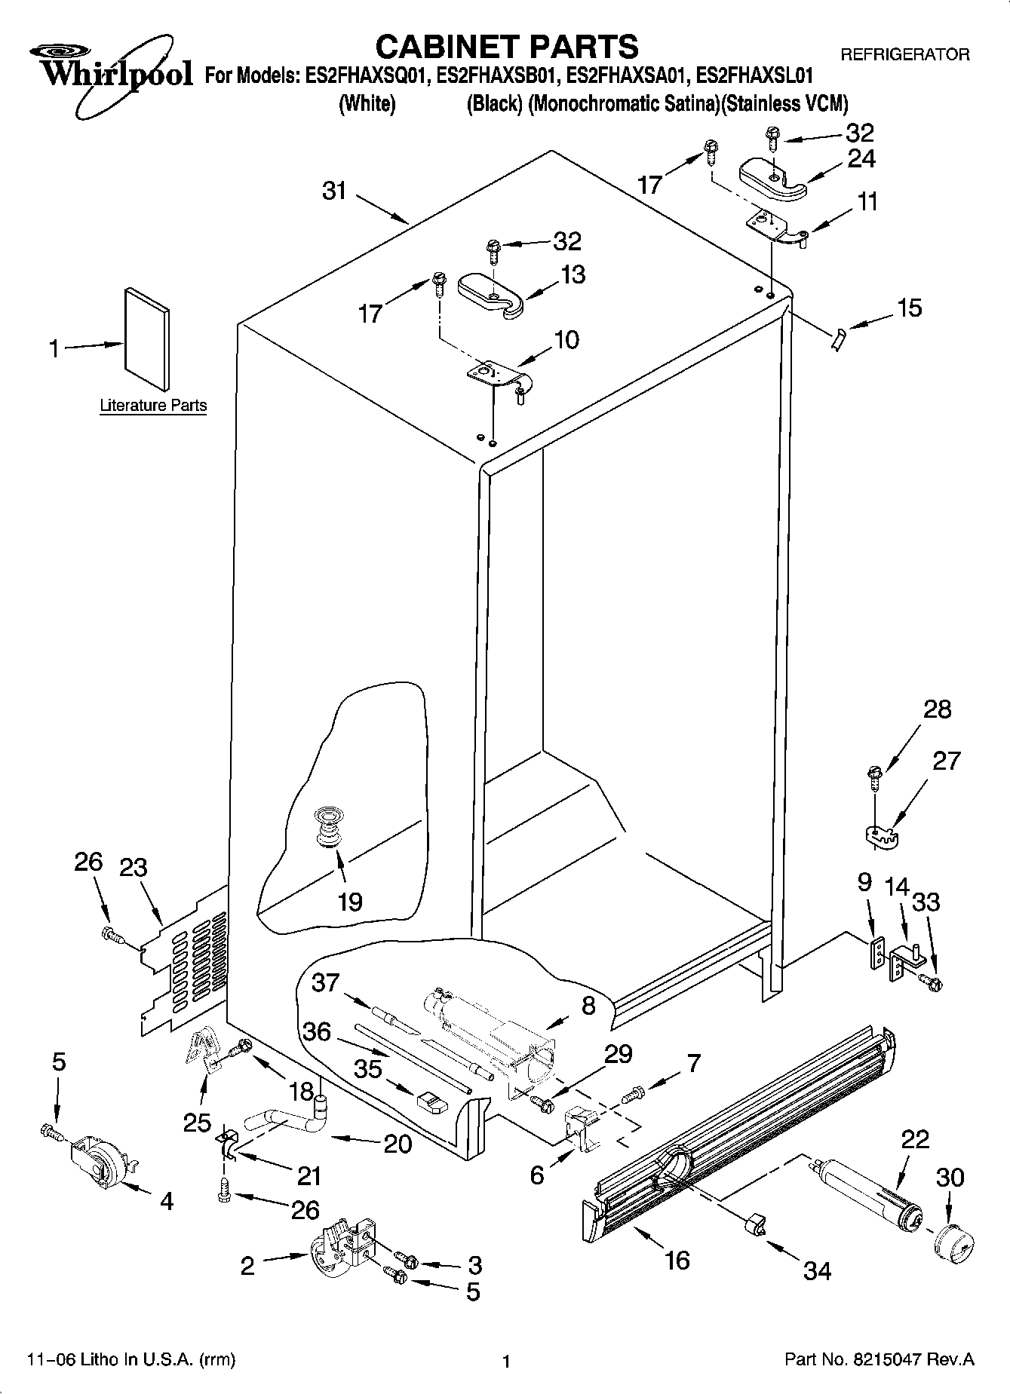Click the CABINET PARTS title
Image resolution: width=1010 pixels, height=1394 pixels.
click(506, 47)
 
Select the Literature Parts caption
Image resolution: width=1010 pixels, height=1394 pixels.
click(153, 406)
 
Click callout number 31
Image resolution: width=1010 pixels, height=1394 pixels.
click(334, 191)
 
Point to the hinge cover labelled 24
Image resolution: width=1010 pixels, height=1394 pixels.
click(773, 179)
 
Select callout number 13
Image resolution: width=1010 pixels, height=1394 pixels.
click(573, 274)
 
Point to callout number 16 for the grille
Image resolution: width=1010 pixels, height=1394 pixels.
click(677, 1259)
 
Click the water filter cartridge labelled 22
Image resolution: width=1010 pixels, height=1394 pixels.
click(867, 1193)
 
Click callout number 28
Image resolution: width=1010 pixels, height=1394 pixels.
click(938, 709)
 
